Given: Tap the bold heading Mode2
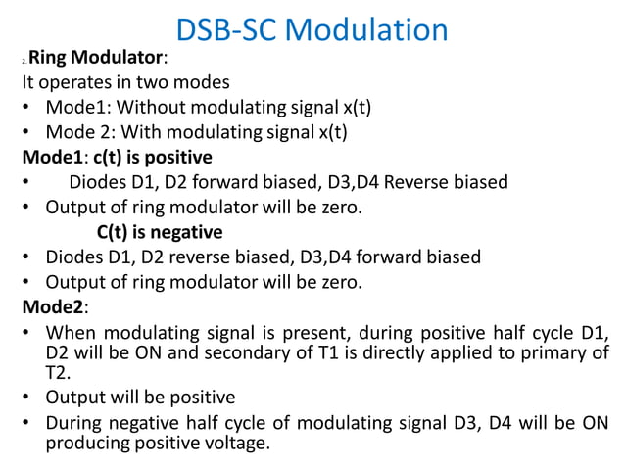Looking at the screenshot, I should pyautogui.click(x=55, y=306).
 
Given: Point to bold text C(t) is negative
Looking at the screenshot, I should pyautogui.click(x=160, y=232).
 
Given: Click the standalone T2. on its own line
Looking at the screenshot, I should pyautogui.click(x=58, y=373).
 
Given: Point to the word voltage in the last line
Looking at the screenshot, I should pyautogui.click(x=232, y=444).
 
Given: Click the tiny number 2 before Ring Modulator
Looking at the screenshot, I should pyautogui.click(x=22, y=63).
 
